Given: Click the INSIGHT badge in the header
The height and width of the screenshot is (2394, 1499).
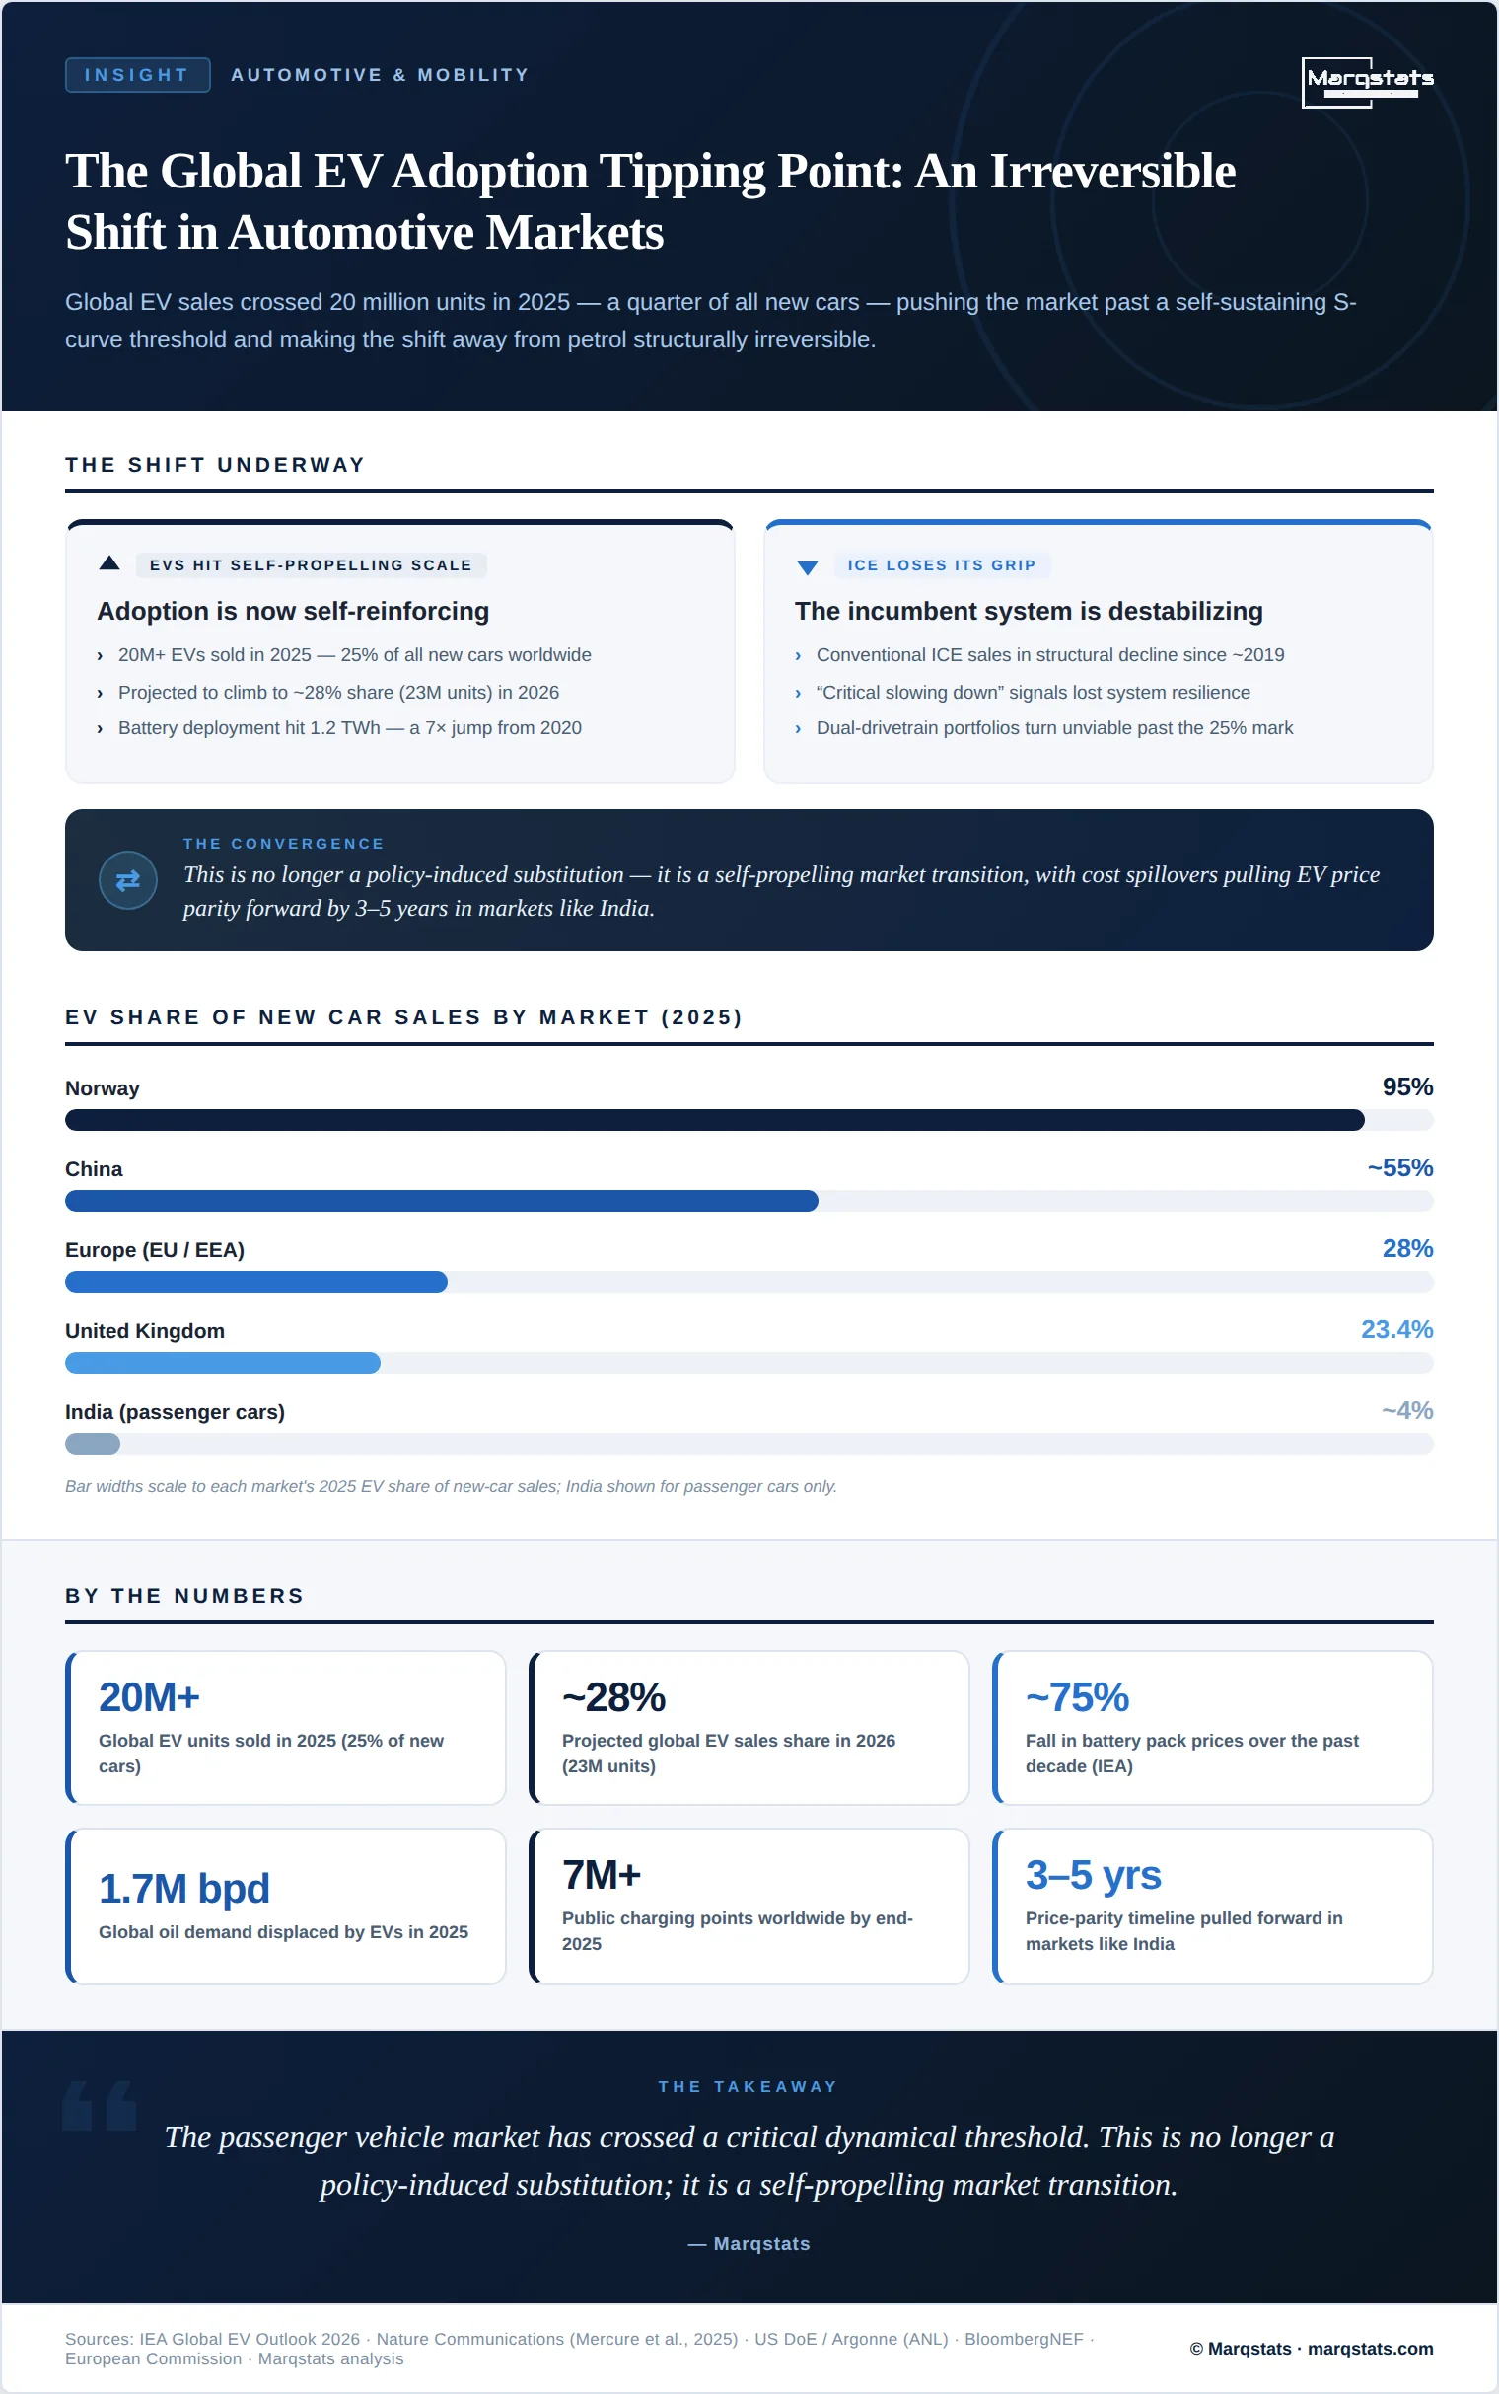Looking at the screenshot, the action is click(137, 74).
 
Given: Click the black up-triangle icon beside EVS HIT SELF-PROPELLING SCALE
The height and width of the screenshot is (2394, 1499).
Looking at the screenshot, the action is click(110, 563).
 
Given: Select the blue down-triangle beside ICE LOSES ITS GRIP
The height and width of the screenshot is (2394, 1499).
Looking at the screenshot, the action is click(807, 567).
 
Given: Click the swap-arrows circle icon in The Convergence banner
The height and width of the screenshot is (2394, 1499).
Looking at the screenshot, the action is click(128, 879).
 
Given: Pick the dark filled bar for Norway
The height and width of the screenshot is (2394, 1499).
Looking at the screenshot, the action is click(715, 1120).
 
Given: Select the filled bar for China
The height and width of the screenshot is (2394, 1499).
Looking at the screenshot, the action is click(441, 1201).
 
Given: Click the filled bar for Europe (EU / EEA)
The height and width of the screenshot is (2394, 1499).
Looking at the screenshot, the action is click(255, 1281).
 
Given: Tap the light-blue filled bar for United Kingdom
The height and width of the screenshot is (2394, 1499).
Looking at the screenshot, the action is click(223, 1363).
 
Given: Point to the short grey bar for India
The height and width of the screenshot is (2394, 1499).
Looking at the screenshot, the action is click(92, 1443).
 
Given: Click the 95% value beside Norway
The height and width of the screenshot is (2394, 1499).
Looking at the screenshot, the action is click(1408, 1086).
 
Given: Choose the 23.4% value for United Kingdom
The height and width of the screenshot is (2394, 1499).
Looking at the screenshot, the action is click(1396, 1329).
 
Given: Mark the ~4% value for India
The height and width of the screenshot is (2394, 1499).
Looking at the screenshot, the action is click(1407, 1410).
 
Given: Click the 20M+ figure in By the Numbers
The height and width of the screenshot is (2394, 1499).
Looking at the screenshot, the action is click(150, 1697).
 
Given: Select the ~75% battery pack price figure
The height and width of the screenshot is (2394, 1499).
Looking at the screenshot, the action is click(1078, 1697).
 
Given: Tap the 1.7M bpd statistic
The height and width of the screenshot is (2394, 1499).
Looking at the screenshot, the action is click(184, 1888).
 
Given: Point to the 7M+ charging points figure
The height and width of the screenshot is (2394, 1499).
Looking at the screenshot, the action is click(602, 1874).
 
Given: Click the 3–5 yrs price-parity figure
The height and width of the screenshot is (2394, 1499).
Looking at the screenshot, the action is click(1094, 1874).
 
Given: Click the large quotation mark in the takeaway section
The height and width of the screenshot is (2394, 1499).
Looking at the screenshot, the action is click(100, 2105).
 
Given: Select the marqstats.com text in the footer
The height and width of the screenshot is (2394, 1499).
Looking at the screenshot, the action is click(1370, 2349).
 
